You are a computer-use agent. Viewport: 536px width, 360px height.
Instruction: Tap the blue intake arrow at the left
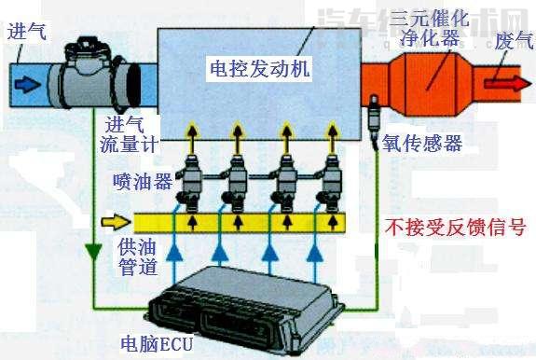29,83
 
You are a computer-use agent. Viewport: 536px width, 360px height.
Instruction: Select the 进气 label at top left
25,30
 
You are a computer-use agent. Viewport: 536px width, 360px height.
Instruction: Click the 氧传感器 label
421,143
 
